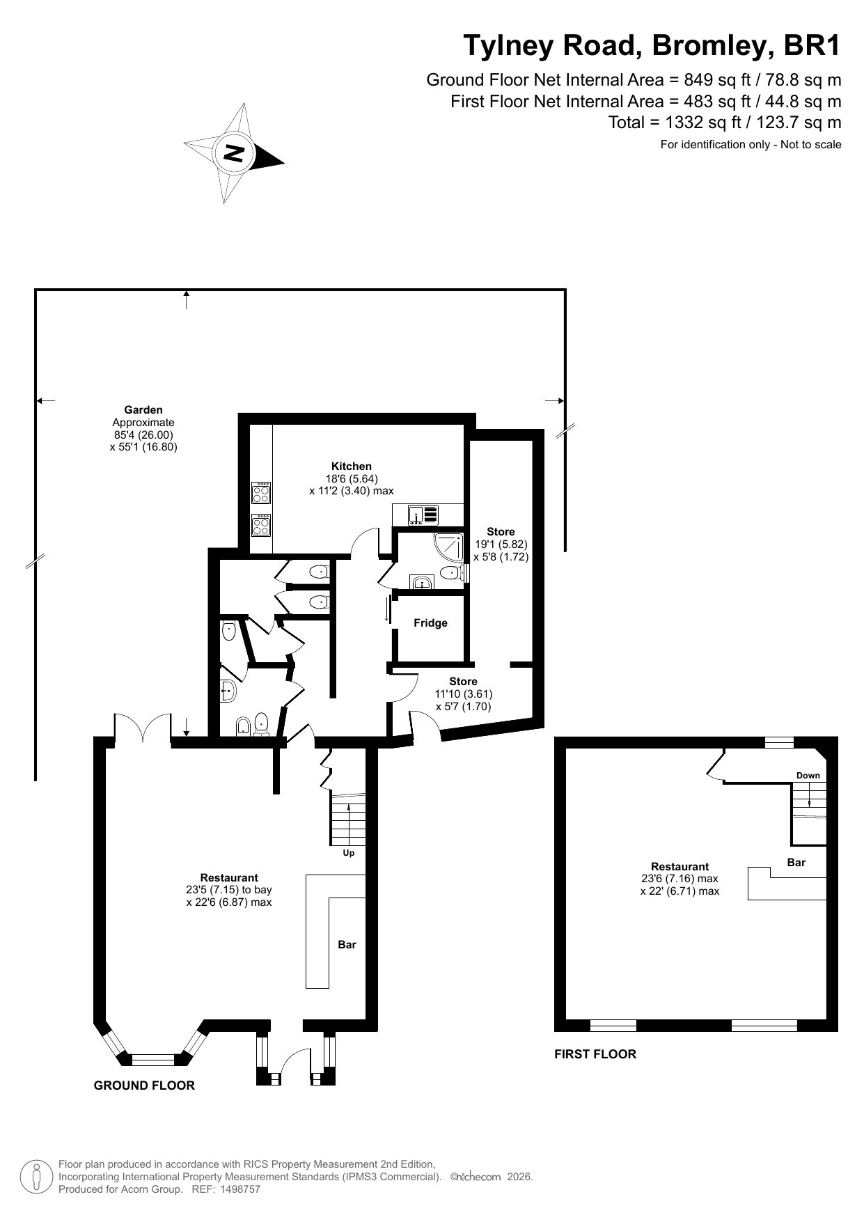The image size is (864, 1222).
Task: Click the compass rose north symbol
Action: (235, 153)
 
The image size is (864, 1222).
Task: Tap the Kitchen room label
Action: (351, 466)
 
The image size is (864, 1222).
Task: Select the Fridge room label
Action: (430, 622)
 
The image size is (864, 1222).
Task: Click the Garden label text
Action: (143, 410)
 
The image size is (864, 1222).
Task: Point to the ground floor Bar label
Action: (347, 945)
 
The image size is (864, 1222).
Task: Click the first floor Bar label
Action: (796, 863)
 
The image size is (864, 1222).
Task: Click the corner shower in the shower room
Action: (449, 547)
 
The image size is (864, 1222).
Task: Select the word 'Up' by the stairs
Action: (348, 852)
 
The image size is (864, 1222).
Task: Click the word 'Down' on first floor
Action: (808, 775)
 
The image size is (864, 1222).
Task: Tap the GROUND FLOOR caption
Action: (144, 1085)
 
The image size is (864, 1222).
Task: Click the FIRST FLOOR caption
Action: (595, 1053)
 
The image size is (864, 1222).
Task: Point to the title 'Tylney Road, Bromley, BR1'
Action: (652, 46)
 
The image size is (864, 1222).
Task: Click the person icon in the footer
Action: (37, 1176)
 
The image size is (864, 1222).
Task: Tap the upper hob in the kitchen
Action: (262, 493)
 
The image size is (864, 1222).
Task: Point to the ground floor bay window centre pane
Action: (152, 1059)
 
